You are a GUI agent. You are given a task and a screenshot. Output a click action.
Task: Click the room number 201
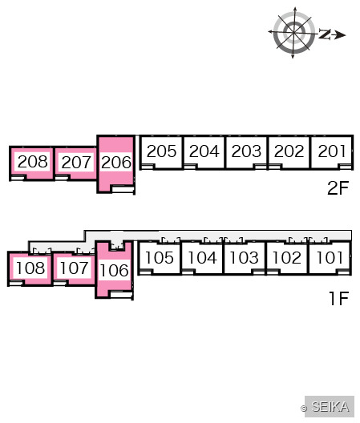(332, 151)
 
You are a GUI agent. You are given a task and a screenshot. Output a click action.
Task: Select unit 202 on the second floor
(289, 151)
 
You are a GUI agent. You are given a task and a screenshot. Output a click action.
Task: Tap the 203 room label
(246, 151)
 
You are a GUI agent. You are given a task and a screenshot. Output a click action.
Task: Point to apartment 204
(204, 151)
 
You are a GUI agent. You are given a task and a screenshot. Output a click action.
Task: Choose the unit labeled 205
(161, 151)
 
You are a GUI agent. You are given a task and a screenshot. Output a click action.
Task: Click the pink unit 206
(116, 163)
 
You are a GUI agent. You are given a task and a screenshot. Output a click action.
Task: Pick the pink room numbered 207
(76, 163)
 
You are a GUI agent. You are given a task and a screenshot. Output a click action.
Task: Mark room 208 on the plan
(32, 162)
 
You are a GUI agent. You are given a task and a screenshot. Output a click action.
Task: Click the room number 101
(330, 258)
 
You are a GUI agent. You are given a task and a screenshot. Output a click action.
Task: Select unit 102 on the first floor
(287, 258)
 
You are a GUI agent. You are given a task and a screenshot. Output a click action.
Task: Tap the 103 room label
(244, 258)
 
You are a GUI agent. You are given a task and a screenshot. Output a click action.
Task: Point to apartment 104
(202, 258)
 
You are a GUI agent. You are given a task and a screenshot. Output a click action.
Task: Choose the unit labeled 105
(160, 258)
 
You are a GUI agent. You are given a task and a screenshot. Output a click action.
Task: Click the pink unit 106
(114, 270)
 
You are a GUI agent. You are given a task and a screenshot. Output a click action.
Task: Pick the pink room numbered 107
(74, 268)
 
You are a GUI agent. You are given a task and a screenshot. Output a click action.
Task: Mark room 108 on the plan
(30, 268)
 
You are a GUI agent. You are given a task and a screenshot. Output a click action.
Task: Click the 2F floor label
(338, 188)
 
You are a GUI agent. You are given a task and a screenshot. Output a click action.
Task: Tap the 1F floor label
(339, 298)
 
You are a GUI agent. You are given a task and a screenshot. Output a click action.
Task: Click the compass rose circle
(293, 32)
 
